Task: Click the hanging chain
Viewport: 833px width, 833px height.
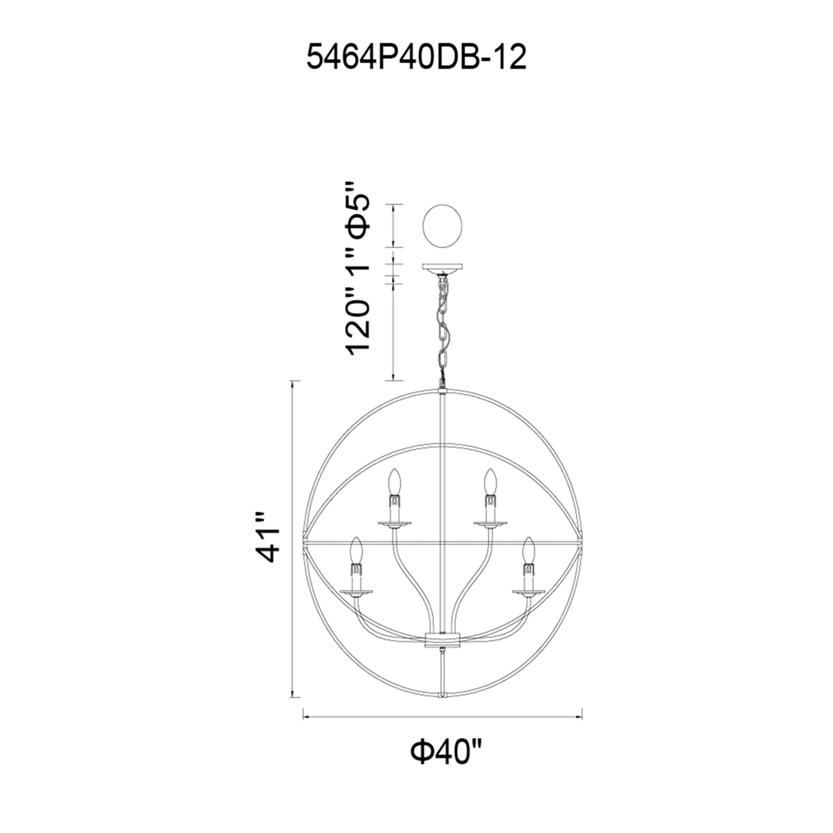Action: point(443,328)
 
